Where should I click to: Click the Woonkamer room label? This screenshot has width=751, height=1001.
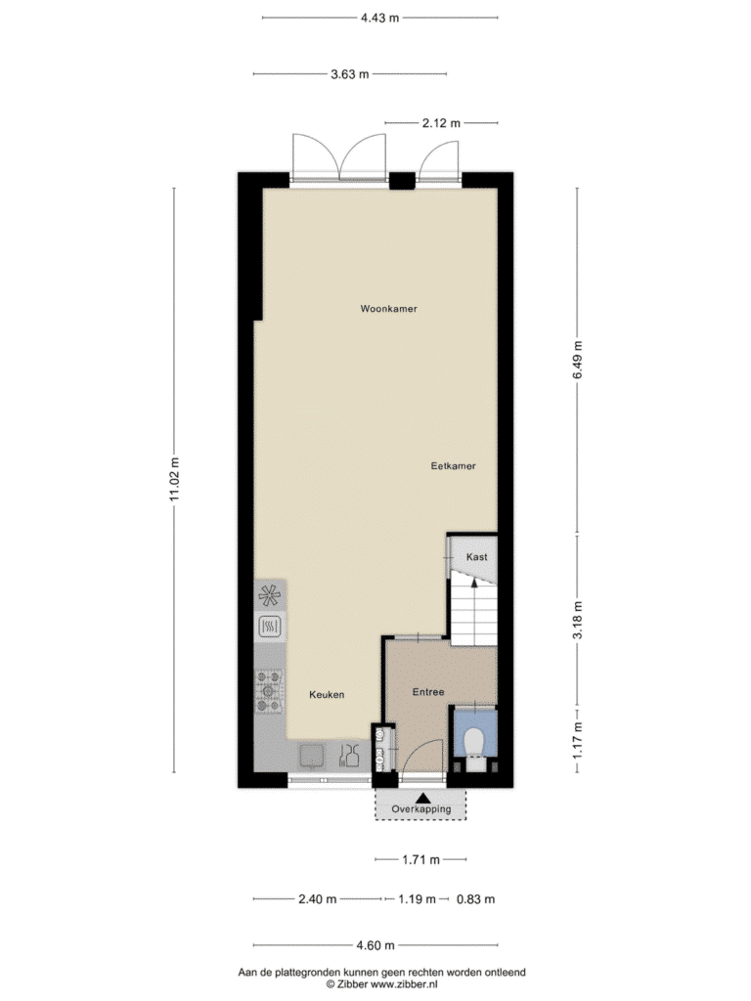coord(388,309)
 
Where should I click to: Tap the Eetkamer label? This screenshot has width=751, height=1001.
coord(453,466)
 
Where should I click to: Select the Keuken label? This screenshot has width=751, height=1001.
coord(327,695)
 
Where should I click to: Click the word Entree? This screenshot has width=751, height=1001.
coord(428,692)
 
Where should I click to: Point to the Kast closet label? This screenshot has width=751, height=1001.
coord(476,556)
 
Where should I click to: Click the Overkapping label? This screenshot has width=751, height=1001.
coord(420,808)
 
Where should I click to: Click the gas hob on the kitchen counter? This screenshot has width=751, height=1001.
coord(269,691)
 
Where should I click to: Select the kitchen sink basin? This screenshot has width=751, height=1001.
coord(313,756)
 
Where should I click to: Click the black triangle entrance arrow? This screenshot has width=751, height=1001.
coord(420,798)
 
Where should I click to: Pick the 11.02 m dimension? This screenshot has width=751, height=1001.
coord(174,479)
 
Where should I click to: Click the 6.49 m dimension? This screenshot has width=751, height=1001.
coord(577,360)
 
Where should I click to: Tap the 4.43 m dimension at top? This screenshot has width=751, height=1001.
coord(380,18)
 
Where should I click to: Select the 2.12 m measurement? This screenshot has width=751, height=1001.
coord(441,122)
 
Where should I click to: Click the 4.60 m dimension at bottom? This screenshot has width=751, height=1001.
coord(375,945)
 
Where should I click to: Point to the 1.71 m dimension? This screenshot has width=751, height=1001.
coord(420,860)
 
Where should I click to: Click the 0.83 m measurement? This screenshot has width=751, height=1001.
coord(475,899)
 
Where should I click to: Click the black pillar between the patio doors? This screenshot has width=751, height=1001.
coord(402,181)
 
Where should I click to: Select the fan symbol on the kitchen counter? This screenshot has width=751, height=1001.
coord(269,596)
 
